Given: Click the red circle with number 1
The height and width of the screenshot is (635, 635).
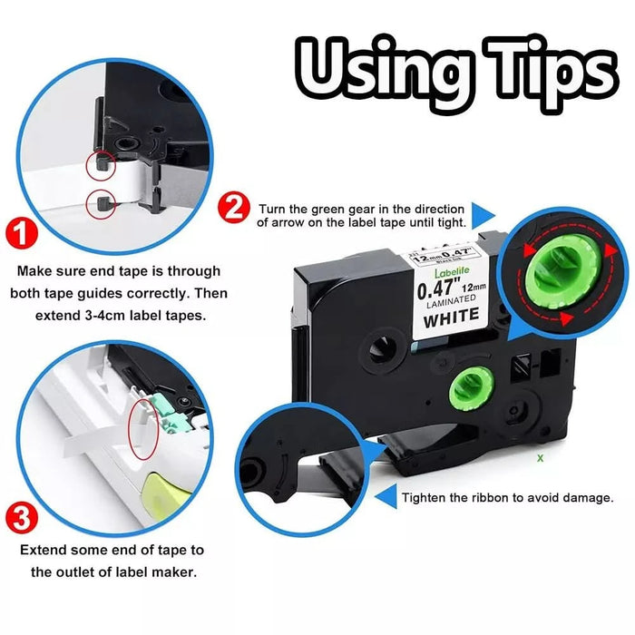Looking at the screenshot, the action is point(22,234).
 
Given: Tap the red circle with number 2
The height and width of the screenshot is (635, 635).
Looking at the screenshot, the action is point(234,208).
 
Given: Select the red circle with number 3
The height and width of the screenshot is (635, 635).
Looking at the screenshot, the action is point(22,518).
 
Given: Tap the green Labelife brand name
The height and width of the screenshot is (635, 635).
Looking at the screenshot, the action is point(452,272).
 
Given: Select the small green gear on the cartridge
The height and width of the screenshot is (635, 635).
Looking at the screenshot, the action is point(473,389).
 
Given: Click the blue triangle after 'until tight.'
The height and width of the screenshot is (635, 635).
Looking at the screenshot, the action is point(484,215).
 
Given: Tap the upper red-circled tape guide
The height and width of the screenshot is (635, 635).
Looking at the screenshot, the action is point(102,164).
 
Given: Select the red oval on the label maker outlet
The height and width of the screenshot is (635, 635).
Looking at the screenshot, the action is point(143,429).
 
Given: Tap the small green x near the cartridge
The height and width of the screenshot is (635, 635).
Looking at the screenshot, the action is point(541,458).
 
